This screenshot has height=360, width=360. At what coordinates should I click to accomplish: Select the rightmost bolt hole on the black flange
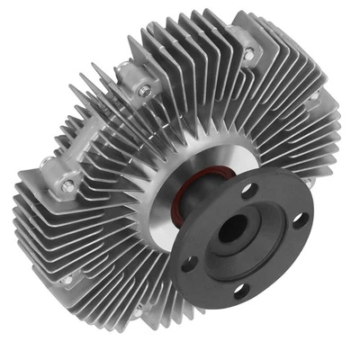point(300,218)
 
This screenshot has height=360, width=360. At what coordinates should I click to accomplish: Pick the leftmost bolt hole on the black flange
point(189,263)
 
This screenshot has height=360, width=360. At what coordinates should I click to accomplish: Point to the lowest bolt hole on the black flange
point(239,289)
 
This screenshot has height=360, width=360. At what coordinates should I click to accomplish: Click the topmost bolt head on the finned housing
point(248,55)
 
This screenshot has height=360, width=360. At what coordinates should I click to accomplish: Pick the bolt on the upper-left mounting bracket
point(144,90)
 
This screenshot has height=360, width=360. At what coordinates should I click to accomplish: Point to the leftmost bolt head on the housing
point(67,186)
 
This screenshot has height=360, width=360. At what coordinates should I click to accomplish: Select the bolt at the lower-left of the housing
point(67,280)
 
